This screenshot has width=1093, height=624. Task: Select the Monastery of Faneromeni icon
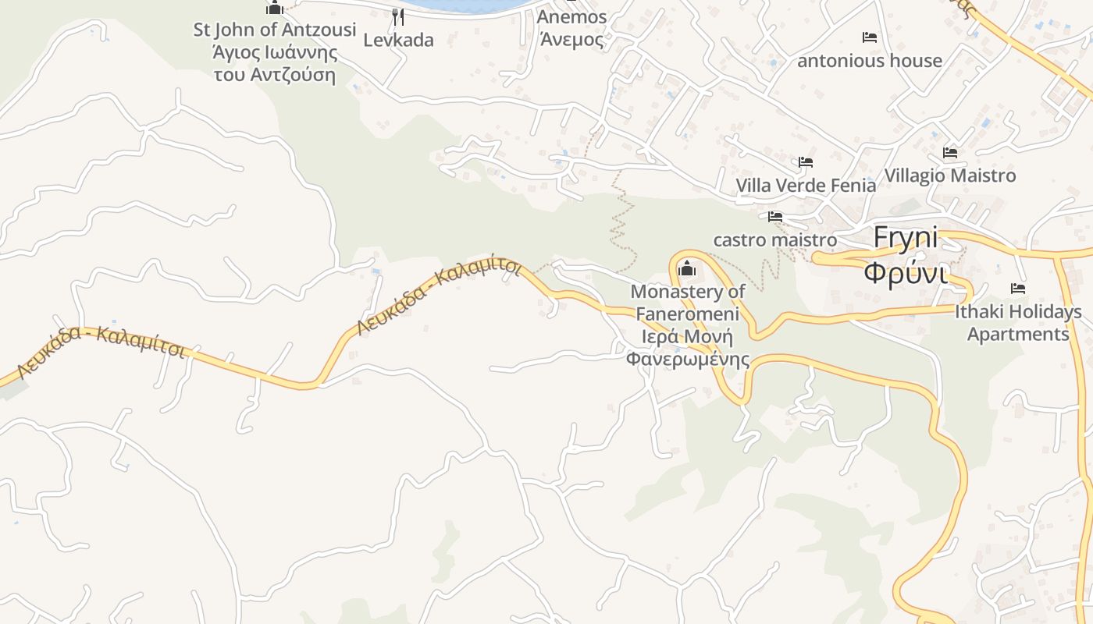pyautogui.click(x=687, y=268)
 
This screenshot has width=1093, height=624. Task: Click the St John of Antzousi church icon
pyautogui.click(x=275, y=8)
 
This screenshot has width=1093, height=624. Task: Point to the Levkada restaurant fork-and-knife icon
pyautogui.click(x=398, y=16)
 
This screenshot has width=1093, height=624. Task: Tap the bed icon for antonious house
pyautogui.click(x=870, y=37)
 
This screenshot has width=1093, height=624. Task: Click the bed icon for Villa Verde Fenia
pyautogui.click(x=806, y=162)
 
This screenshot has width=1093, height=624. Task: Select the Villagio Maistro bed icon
pyautogui.click(x=950, y=152)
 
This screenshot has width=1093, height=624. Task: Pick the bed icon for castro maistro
pyautogui.click(x=774, y=216)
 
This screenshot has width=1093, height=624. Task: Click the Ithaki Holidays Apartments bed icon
pyautogui.click(x=1018, y=289)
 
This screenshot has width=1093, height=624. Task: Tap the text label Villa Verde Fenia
pyautogui.click(x=806, y=186)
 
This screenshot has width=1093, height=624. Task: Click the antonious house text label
pyautogui.click(x=870, y=61)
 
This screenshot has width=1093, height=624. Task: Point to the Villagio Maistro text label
pyautogui.click(x=950, y=175)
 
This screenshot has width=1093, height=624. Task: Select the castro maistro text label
pyautogui.click(x=774, y=239)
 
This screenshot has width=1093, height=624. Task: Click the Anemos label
pyautogui.click(x=571, y=17)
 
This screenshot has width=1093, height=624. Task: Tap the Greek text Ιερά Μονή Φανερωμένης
pyautogui.click(x=687, y=348)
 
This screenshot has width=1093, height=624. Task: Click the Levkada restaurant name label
pyautogui.click(x=398, y=40)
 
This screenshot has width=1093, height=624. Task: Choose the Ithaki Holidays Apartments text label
pyautogui.click(x=1018, y=323)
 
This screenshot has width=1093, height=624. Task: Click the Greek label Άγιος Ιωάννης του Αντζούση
pyautogui.click(x=275, y=64)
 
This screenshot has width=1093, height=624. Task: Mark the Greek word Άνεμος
pyautogui.click(x=571, y=39)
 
